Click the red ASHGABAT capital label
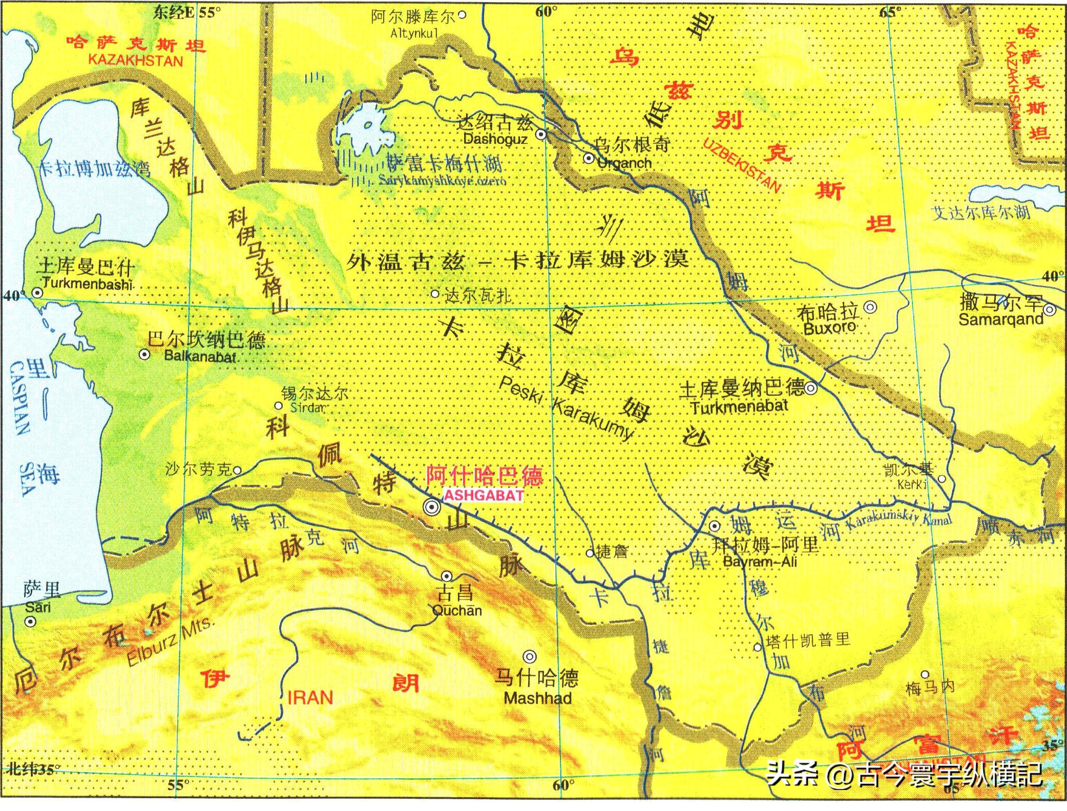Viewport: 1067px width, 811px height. click(484, 495)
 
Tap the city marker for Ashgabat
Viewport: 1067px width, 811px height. click(432, 507)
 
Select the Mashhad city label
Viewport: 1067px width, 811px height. click(537, 698)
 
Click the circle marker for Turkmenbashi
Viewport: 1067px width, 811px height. click(37, 293)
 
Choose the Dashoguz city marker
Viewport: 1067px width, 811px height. click(541, 135)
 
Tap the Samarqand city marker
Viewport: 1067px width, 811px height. click(1049, 310)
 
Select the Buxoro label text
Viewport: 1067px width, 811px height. click(830, 328)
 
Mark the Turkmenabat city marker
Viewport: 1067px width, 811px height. click(810, 388)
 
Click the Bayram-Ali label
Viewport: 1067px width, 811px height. click(760, 562)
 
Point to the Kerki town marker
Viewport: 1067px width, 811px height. click(942, 479)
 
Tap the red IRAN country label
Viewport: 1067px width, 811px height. click(310, 697)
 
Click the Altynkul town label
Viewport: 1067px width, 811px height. click(414, 34)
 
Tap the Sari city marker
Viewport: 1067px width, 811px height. click(31, 622)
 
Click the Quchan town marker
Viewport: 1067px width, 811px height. click(447, 576)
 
